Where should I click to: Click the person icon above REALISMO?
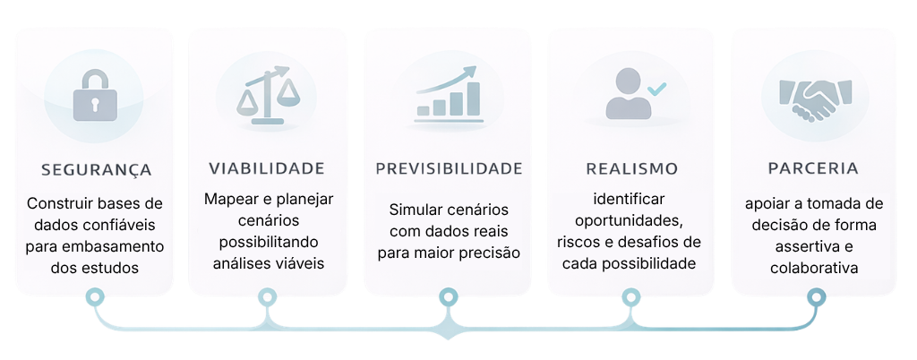pyautogui.click(x=628, y=93)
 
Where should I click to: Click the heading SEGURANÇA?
pyautogui.click(x=97, y=170)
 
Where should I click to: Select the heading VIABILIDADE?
pyautogui.click(x=267, y=168)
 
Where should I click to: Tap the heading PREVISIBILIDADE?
pyautogui.click(x=449, y=168)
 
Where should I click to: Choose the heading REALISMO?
pyautogui.click(x=631, y=168)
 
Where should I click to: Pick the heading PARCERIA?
pyautogui.click(x=813, y=168)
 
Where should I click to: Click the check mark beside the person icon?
pyautogui.click(x=657, y=89)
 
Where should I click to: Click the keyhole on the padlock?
pyautogui.click(x=95, y=104)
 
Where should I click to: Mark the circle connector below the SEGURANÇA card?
pyautogui.click(x=95, y=297)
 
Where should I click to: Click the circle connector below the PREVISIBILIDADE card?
pyautogui.click(x=448, y=297)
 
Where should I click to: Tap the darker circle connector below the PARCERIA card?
pyautogui.click(x=816, y=297)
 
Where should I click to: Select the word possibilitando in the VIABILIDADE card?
pyautogui.click(x=269, y=242)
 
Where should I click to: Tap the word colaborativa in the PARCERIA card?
pyautogui.click(x=813, y=269)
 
